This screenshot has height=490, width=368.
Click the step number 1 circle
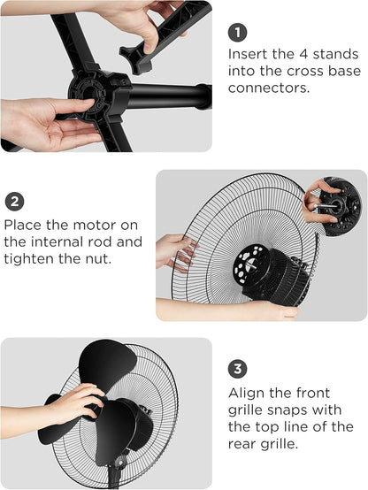click(237, 33)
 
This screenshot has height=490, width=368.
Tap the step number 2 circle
click(14, 202)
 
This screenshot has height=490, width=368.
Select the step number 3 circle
click(237, 369)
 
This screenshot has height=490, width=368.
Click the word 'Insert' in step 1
click(248, 54)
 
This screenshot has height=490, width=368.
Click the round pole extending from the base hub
click(170, 96)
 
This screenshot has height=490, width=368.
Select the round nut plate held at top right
click(340, 206)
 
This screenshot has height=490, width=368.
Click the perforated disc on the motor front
click(251, 264)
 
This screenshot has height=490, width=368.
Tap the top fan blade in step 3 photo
click(107, 364)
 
